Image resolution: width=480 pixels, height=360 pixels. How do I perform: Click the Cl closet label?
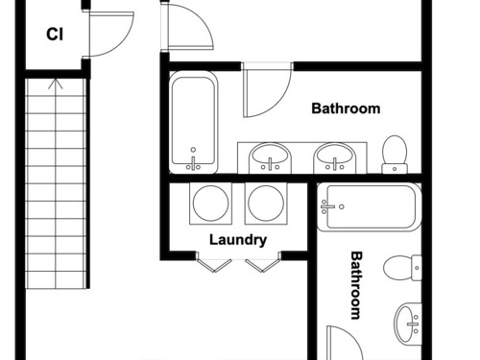[x=55, y=35]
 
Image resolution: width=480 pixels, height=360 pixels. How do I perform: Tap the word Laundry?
[x=238, y=240]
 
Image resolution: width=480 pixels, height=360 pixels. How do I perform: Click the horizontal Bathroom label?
[x=346, y=108]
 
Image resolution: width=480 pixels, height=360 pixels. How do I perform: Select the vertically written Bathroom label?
[x=356, y=285]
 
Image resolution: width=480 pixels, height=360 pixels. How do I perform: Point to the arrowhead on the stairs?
[x=56, y=84]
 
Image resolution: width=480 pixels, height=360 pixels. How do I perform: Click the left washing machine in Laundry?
[x=211, y=204]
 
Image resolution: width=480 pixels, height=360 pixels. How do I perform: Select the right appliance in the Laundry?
[x=266, y=204]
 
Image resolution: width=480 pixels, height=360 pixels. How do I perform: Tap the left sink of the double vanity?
[x=270, y=158]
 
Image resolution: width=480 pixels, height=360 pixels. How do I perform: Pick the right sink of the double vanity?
[x=335, y=158]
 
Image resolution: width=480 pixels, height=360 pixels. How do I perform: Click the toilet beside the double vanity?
[x=395, y=155]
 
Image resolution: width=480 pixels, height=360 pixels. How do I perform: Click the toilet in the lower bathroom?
[x=402, y=268]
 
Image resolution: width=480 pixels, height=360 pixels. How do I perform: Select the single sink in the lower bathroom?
[x=408, y=324]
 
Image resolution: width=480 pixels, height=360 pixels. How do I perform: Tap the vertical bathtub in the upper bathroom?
[x=193, y=122]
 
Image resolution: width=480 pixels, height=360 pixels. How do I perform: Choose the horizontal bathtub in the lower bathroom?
[x=369, y=207]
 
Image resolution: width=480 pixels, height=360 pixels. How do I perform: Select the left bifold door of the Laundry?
[x=213, y=265]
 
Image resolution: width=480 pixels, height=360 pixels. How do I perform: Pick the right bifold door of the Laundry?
[x=263, y=265]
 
